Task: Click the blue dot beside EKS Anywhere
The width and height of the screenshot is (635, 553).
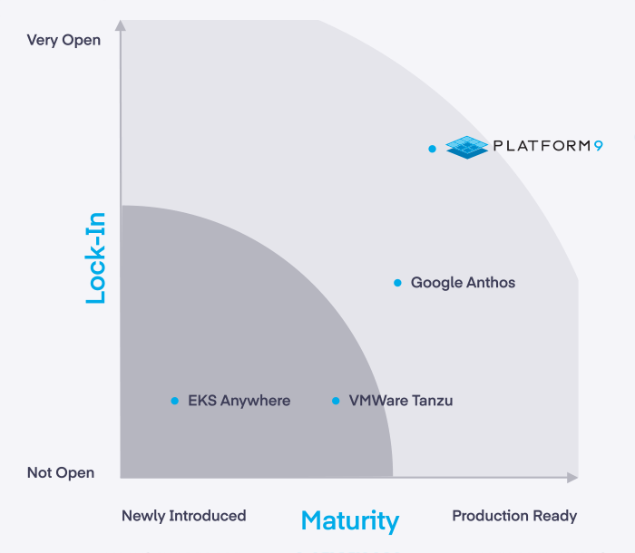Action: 174,401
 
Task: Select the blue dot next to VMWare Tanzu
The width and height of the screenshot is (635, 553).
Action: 336,401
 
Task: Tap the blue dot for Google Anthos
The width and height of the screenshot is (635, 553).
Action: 397,283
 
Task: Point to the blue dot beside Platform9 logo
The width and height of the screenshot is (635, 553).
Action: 432,149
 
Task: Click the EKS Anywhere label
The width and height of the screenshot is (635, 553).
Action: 239,401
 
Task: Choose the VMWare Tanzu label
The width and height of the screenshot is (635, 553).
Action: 401,401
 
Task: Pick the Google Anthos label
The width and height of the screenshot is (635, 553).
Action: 463,283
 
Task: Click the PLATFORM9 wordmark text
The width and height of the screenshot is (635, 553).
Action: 548,146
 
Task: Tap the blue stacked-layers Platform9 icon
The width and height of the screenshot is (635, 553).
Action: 467,148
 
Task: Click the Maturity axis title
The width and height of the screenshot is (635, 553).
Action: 350,521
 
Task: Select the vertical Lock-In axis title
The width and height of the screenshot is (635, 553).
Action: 95,257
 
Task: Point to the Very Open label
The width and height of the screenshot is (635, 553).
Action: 63,41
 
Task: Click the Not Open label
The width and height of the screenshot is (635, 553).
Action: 61,472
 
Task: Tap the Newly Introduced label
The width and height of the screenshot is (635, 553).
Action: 184,516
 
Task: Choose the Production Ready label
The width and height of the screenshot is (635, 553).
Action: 514,516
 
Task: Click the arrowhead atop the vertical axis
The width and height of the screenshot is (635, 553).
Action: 121,25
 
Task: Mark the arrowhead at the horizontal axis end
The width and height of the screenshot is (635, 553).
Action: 572,478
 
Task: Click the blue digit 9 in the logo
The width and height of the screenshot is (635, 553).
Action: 599,146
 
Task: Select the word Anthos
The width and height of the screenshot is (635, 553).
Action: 489,283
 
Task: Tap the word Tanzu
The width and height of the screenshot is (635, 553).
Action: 433,401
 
